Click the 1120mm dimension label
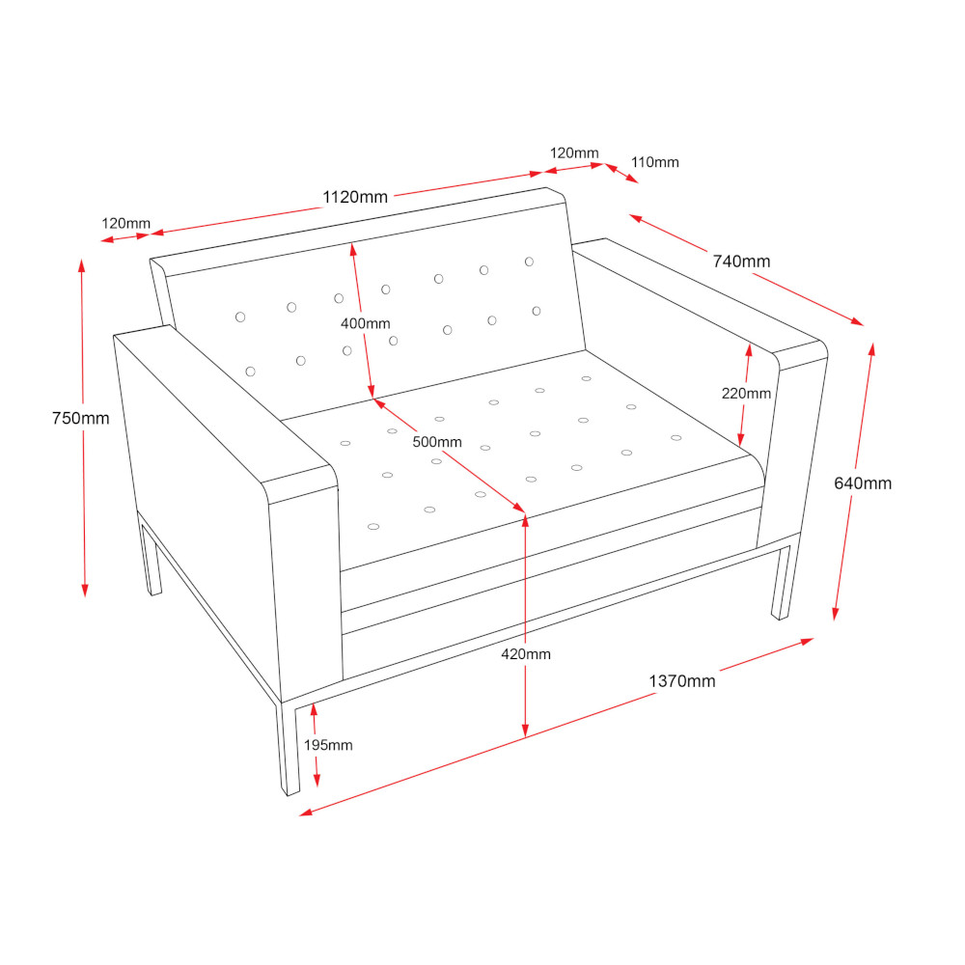point(355,197)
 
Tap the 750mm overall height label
point(81,418)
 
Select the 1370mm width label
point(682,680)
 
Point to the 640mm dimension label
point(863,483)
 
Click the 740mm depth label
point(741,261)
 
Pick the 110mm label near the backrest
point(655,162)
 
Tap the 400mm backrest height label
point(366,323)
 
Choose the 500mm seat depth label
point(437,442)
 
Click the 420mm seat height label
point(526,653)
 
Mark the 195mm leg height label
point(328,745)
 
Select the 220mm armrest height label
point(746,394)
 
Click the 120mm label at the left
point(125,223)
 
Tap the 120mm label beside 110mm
point(574,152)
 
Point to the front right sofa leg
point(783,582)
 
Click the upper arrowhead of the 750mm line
point(81,266)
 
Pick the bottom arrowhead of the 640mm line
point(835,613)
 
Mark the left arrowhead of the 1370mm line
point(306,813)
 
